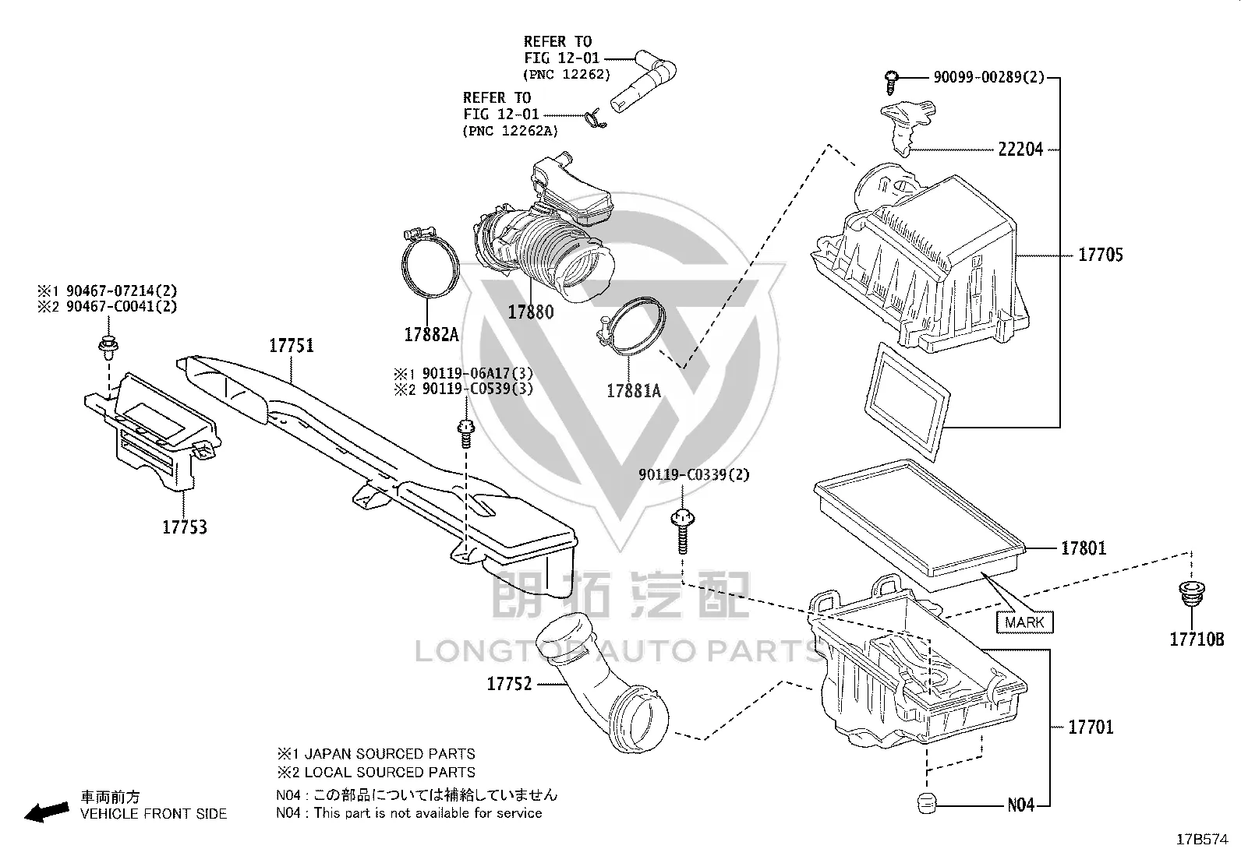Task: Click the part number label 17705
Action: pyautogui.click(x=1100, y=255)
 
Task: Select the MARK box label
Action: pyautogui.click(x=1024, y=622)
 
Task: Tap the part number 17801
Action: pyautogui.click(x=1083, y=548)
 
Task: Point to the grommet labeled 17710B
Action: pyautogui.click(x=1191, y=594)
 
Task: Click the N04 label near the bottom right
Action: pyautogui.click(x=1020, y=805)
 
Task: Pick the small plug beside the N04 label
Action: pyautogui.click(x=927, y=803)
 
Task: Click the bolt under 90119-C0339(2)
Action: pyautogui.click(x=683, y=531)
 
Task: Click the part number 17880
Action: pyautogui.click(x=531, y=312)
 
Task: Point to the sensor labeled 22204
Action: pyautogui.click(x=907, y=126)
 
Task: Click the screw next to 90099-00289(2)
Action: pyautogui.click(x=892, y=82)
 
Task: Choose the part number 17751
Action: pyautogui.click(x=292, y=346)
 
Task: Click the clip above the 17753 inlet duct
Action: pyautogui.click(x=108, y=344)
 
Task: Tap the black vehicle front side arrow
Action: pyautogui.click(x=47, y=812)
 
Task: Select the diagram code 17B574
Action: pyautogui.click(x=1202, y=840)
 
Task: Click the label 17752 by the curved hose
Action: pyautogui.click(x=509, y=685)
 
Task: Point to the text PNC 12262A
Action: pyautogui.click(x=511, y=131)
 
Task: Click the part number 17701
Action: pyautogui.click(x=1091, y=727)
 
